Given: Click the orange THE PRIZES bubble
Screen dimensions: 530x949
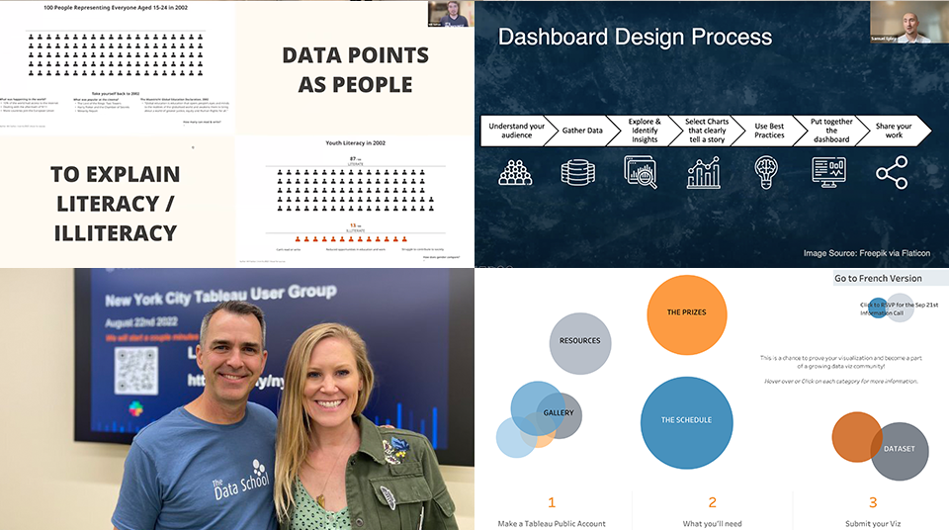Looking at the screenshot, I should (686, 312).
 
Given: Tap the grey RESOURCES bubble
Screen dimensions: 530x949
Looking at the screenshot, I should (579, 341).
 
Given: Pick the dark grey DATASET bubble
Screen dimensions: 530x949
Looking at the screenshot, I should (900, 450).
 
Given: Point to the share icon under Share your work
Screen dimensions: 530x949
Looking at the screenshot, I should (891, 172).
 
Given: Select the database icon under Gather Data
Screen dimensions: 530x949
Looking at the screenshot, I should (577, 172).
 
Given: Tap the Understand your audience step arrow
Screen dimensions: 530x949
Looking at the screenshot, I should (515, 130).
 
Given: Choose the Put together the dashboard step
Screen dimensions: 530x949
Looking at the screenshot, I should (830, 130).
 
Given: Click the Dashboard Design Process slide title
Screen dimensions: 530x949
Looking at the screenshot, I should (635, 38).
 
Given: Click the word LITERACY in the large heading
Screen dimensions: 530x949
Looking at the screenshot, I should (115, 205).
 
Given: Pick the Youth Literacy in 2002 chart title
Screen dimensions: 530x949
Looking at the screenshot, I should (355, 143).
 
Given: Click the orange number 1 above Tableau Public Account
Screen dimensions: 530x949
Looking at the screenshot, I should (552, 502).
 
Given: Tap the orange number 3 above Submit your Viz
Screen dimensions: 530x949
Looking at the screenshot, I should (873, 502).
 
